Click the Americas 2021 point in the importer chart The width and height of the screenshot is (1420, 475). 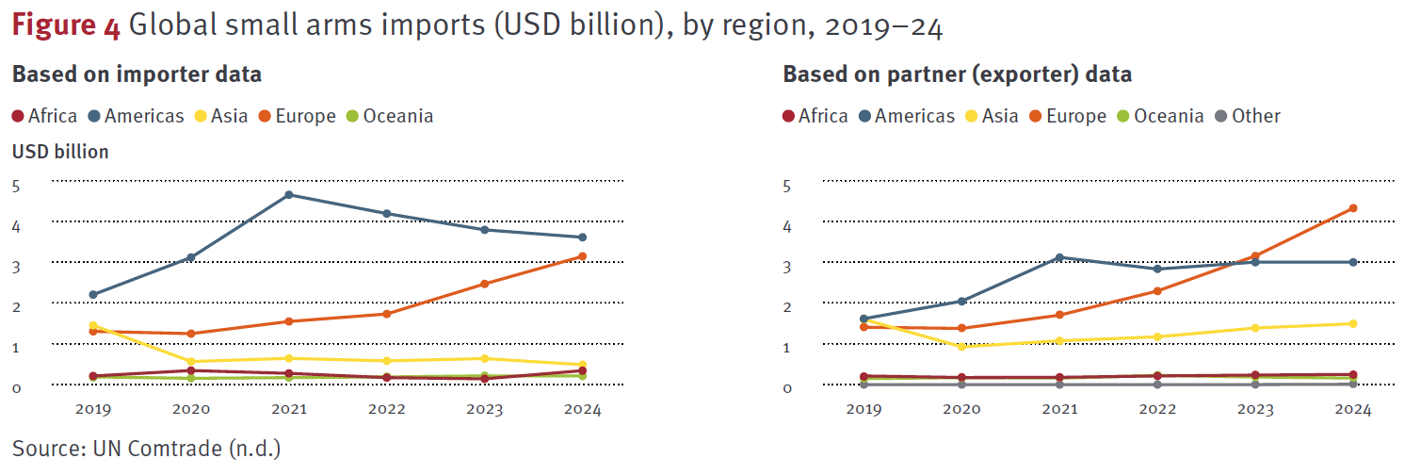pos(289,195)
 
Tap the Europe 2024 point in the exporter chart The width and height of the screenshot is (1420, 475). pos(1353,208)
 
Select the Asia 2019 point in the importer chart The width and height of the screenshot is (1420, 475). pos(92,326)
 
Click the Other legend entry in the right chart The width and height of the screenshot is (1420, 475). pos(1247,116)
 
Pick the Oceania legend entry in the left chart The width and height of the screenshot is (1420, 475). pos(389,116)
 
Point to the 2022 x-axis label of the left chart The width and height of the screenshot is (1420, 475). pos(387,410)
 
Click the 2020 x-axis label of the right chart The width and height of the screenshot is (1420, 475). pos(961,410)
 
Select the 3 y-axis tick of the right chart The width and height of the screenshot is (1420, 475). pos(787,267)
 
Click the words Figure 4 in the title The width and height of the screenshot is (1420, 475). pos(66,27)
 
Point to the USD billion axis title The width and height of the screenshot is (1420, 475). pos(60,151)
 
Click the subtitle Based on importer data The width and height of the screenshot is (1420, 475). pos(137,74)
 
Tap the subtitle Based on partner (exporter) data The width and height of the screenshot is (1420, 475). pos(957,74)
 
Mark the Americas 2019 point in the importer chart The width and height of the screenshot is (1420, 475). pos(92,295)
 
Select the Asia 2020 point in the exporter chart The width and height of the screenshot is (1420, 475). pos(961,347)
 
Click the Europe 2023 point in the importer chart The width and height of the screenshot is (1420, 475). pos(485,284)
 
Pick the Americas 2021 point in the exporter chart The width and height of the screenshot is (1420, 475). pos(1059,257)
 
